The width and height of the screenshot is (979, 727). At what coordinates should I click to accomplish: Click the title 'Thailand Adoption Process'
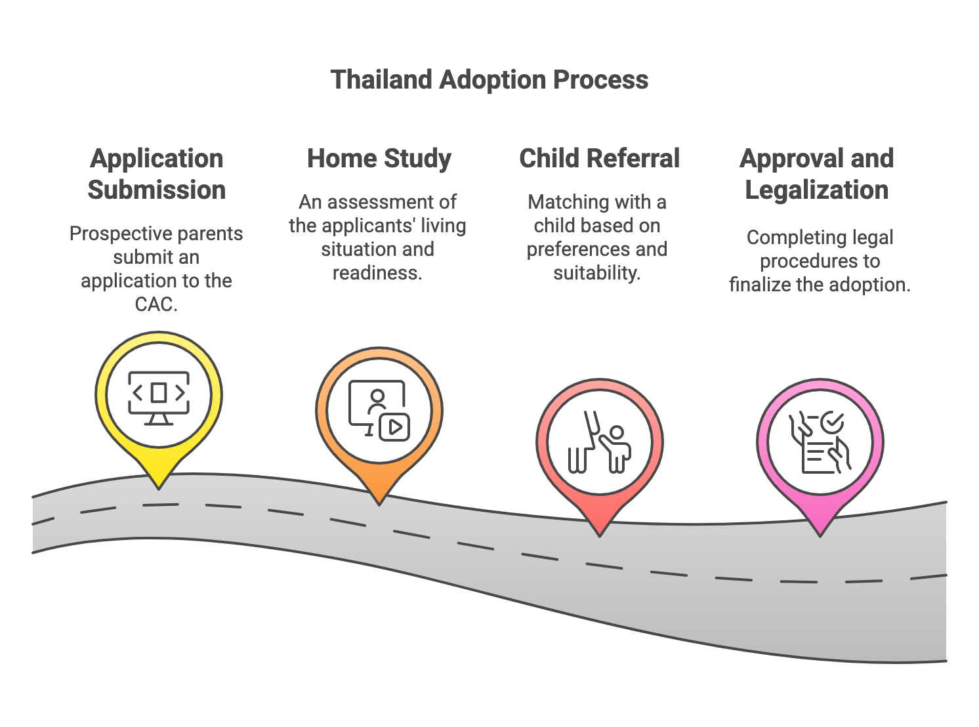click(x=489, y=79)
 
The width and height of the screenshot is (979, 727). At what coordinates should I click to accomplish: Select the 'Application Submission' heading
click(x=157, y=174)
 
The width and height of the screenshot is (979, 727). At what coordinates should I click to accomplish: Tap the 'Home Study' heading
click(x=379, y=158)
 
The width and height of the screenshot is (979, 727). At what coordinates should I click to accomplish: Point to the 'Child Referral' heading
click(x=599, y=158)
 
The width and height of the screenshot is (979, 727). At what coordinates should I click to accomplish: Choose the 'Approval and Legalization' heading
click(x=816, y=174)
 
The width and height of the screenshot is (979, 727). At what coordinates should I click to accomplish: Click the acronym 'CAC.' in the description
click(x=156, y=304)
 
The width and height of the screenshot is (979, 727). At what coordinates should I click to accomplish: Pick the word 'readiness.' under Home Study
click(x=377, y=273)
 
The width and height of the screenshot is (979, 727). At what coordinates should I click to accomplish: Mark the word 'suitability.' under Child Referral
click(x=596, y=273)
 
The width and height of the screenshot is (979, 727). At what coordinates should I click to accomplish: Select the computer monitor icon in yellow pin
click(x=159, y=396)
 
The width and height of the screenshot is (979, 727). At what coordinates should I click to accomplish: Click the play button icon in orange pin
click(x=395, y=427)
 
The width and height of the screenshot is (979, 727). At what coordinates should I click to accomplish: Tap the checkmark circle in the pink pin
click(x=832, y=422)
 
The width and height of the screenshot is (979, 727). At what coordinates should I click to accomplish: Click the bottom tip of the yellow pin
click(x=159, y=486)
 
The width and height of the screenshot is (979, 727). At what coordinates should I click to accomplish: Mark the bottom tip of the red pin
click(x=600, y=534)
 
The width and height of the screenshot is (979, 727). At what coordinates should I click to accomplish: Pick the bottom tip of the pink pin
click(x=820, y=534)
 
